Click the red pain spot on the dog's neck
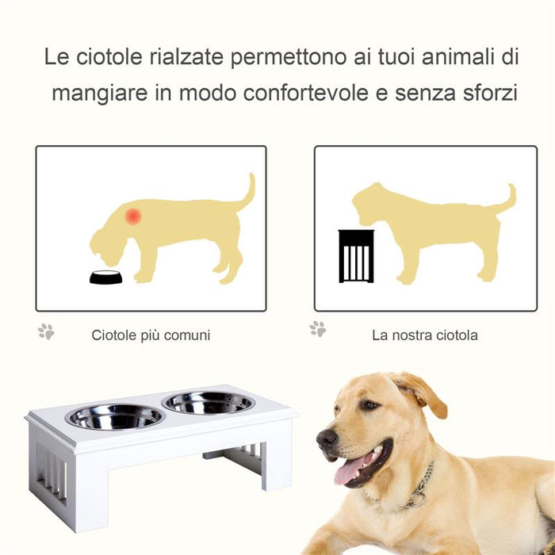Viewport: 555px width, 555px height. tap(133, 216)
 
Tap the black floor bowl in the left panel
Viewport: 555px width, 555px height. tap(105, 277)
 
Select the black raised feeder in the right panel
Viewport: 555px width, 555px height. tap(356, 256)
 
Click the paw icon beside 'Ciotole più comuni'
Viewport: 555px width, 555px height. tap(46, 331)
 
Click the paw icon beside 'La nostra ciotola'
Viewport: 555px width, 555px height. tap(318, 328)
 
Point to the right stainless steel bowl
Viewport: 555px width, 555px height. tap(208, 402)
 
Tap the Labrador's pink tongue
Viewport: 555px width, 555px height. tap(350, 470)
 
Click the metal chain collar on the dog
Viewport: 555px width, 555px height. tap(421, 485)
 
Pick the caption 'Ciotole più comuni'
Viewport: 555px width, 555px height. tap(151, 335)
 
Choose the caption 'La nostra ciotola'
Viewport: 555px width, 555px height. tap(425, 335)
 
